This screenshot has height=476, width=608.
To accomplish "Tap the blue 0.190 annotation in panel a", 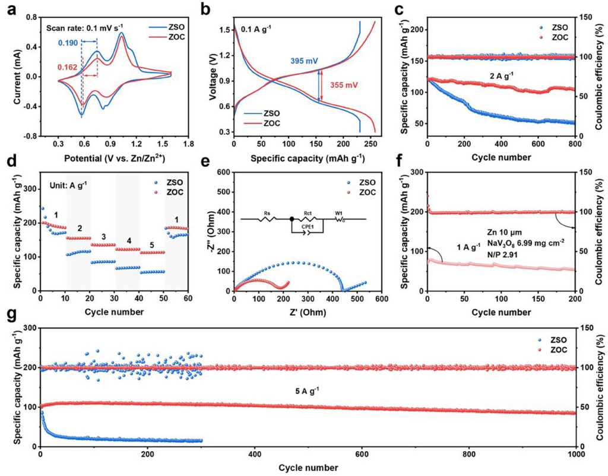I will pyautogui.click(x=67, y=42).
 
